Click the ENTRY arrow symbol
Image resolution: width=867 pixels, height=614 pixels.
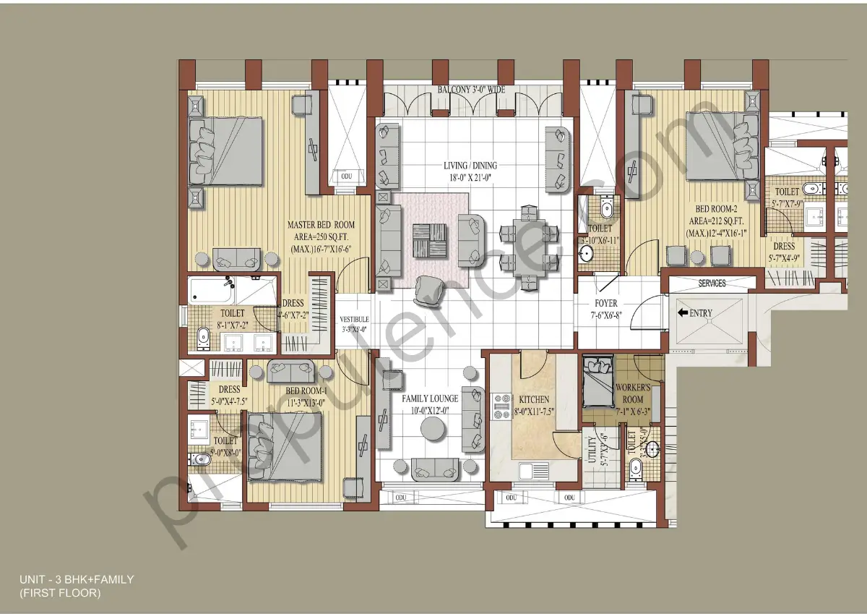point(683,313)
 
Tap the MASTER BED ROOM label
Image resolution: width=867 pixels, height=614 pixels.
point(321,225)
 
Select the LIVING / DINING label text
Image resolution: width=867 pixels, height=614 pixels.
point(470,166)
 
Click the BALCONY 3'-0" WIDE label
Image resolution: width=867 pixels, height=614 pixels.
point(471,90)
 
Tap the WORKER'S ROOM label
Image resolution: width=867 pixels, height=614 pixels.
point(634,394)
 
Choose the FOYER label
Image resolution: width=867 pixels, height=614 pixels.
point(606,304)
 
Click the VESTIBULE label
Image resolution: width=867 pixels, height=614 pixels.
point(354,319)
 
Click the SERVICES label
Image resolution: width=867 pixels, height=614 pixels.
point(712,283)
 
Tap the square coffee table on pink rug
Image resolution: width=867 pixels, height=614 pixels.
point(429,240)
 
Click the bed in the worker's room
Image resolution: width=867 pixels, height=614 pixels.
point(597,381)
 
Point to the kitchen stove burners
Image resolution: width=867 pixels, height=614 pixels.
point(501,406)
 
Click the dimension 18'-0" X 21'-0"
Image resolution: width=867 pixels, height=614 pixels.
point(470,178)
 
